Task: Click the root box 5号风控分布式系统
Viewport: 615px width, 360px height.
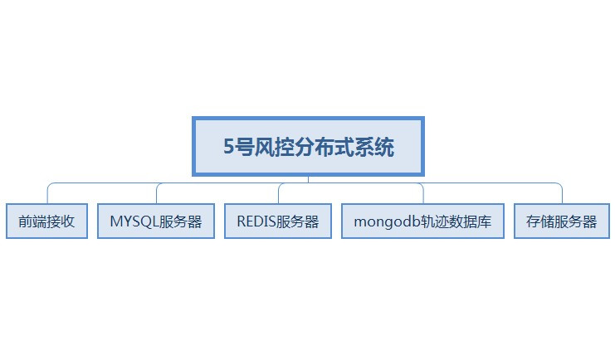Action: pos(308,147)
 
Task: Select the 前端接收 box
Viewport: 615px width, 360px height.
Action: pos(46,221)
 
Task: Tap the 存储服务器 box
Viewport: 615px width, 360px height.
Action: pos(562,221)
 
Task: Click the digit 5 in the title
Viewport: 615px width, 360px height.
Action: pos(230,148)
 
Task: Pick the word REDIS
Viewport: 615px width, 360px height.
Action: pos(256,221)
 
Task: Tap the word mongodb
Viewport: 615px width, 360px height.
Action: pos(383,221)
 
